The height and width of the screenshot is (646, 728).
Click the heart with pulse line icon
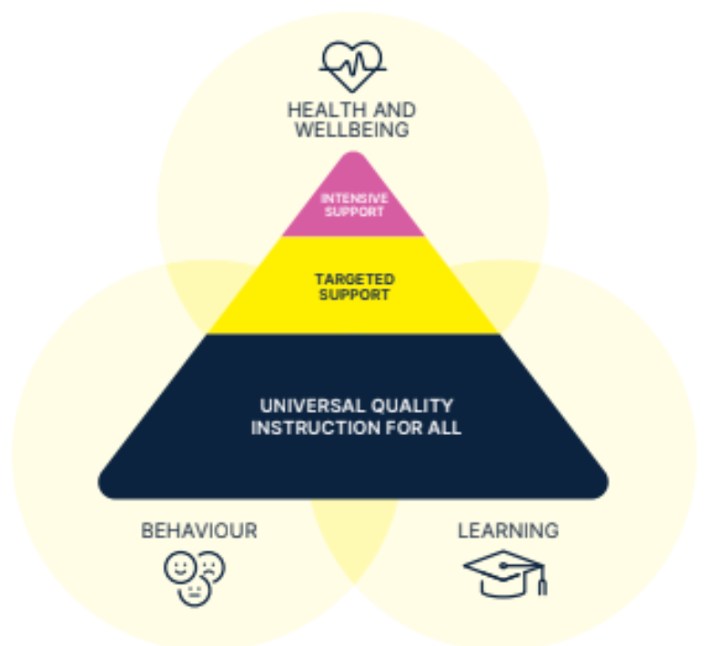click(352, 66)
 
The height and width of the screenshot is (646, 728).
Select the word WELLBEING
click(352, 130)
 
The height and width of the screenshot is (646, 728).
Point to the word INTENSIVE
click(354, 198)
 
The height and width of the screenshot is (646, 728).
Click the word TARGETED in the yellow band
click(355, 279)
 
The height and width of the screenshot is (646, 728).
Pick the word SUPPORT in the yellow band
click(354, 295)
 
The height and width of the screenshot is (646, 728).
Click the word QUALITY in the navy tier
click(412, 406)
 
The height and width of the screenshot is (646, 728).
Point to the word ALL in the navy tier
click(444, 428)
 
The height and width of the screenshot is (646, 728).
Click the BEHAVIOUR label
click(199, 531)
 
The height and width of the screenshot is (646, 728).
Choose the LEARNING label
click(508, 531)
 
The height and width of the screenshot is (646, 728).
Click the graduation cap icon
click(505, 573)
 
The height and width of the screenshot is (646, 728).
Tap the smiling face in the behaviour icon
click(179, 567)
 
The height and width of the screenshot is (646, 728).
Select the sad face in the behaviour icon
click(211, 567)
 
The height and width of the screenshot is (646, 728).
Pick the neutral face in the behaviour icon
click(195, 590)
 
